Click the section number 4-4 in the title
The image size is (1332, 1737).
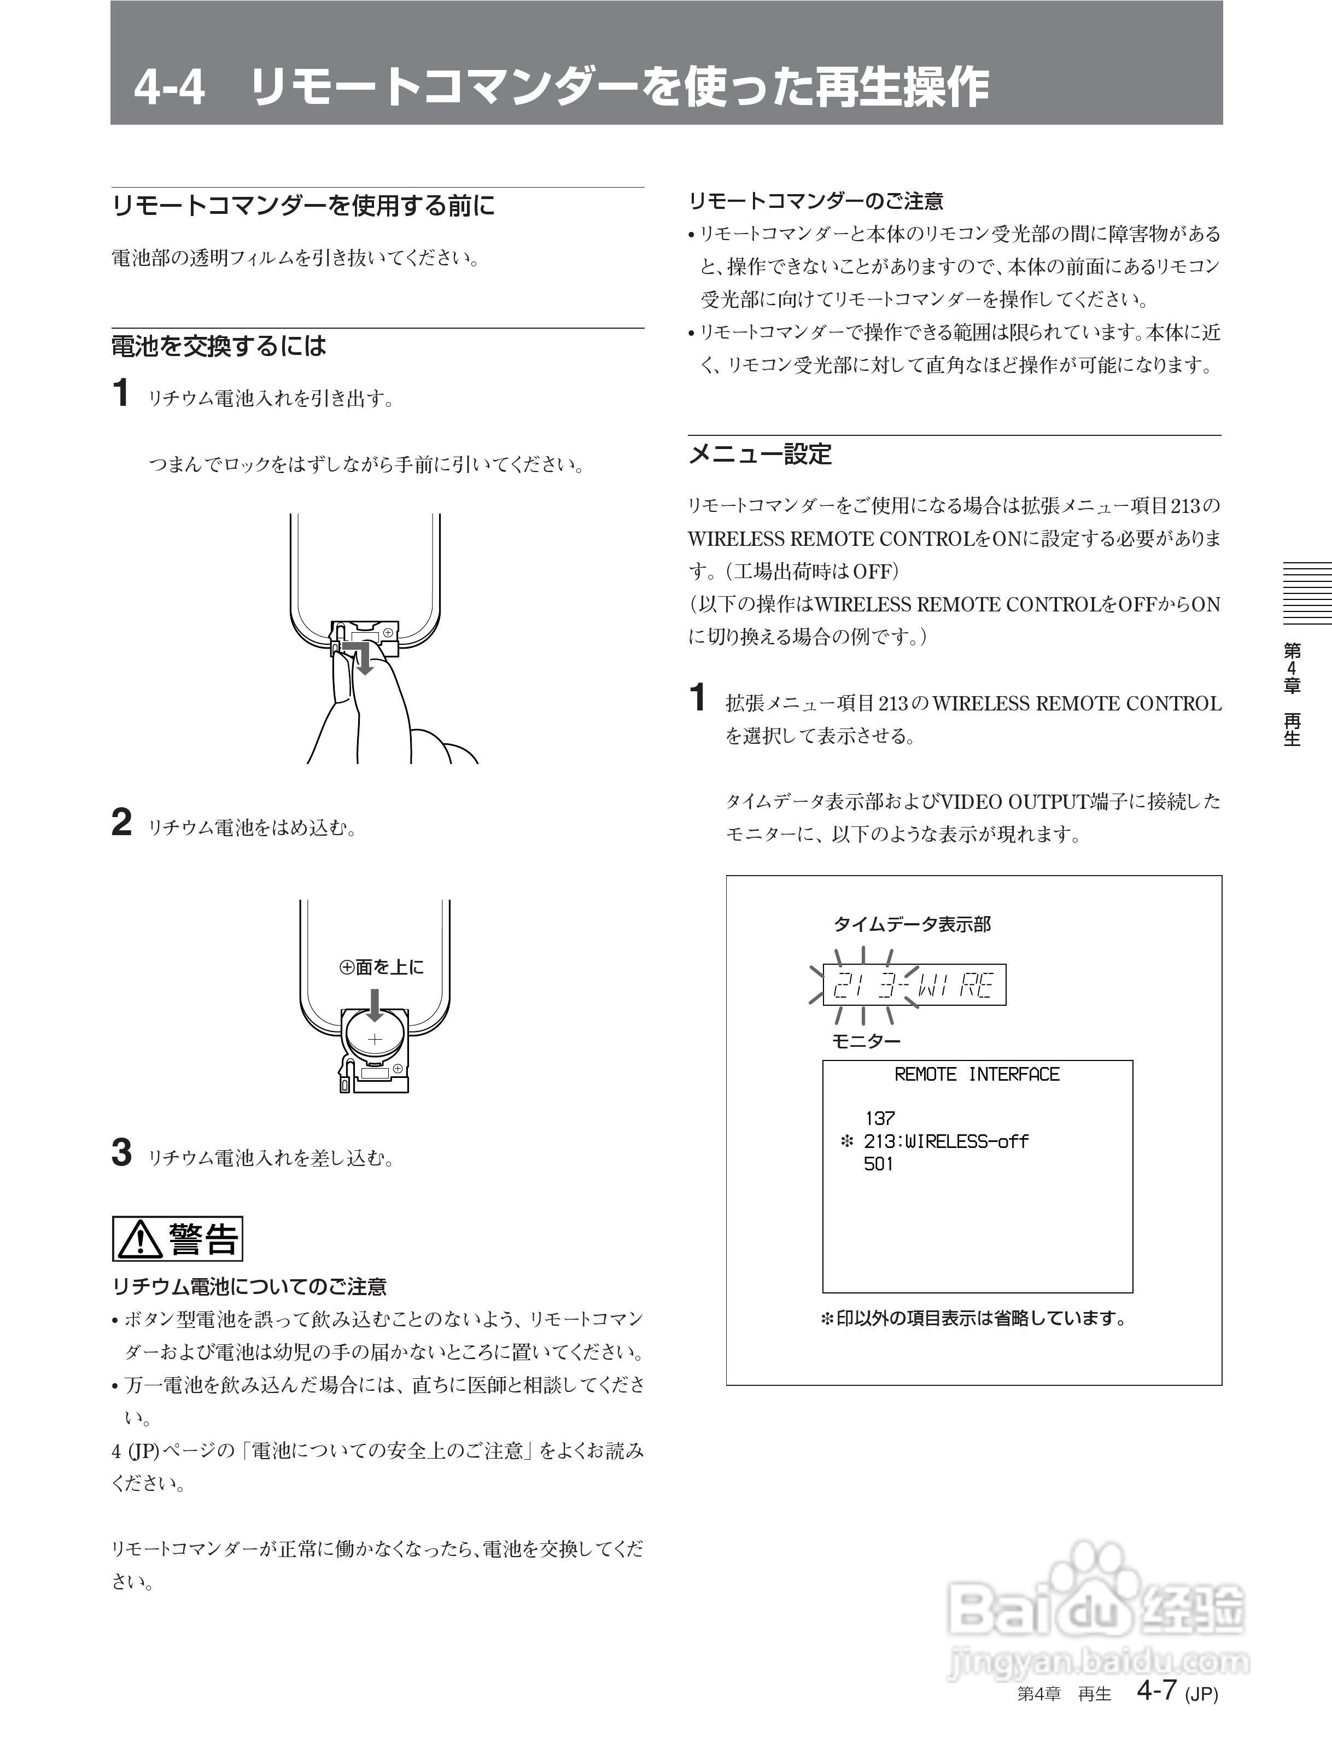click(169, 88)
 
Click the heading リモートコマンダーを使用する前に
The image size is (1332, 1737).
click(303, 206)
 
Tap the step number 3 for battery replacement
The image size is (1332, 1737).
click(121, 1153)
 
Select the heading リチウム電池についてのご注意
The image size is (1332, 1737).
click(249, 1286)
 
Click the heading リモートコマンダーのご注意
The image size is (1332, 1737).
click(816, 201)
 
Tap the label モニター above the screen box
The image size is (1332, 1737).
click(866, 1041)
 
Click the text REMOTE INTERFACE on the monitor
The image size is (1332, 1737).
click(976, 1075)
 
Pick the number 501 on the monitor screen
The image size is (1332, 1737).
click(879, 1164)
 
